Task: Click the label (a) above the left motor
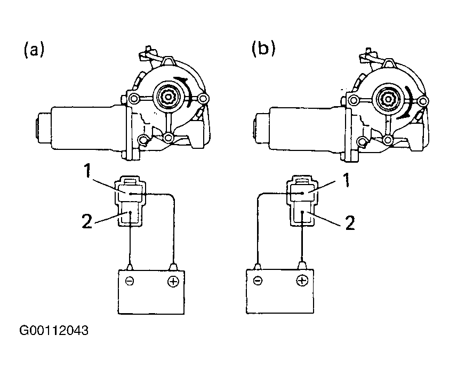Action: [x=34, y=49]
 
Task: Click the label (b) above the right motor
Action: [x=263, y=48]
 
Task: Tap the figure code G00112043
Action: [x=54, y=330]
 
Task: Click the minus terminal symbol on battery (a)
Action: [x=130, y=281]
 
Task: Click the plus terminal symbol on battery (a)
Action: [x=173, y=282]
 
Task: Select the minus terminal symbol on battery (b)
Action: [x=258, y=280]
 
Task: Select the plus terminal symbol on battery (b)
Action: [x=302, y=281]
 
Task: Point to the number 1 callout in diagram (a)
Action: [x=87, y=171]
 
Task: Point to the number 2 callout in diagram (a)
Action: [x=87, y=221]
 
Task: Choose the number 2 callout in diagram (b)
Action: [x=350, y=222]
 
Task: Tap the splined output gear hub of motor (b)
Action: [x=388, y=99]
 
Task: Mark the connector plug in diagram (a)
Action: [x=130, y=202]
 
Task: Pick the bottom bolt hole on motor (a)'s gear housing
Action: [x=169, y=138]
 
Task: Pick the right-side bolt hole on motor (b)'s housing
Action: [x=422, y=101]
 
